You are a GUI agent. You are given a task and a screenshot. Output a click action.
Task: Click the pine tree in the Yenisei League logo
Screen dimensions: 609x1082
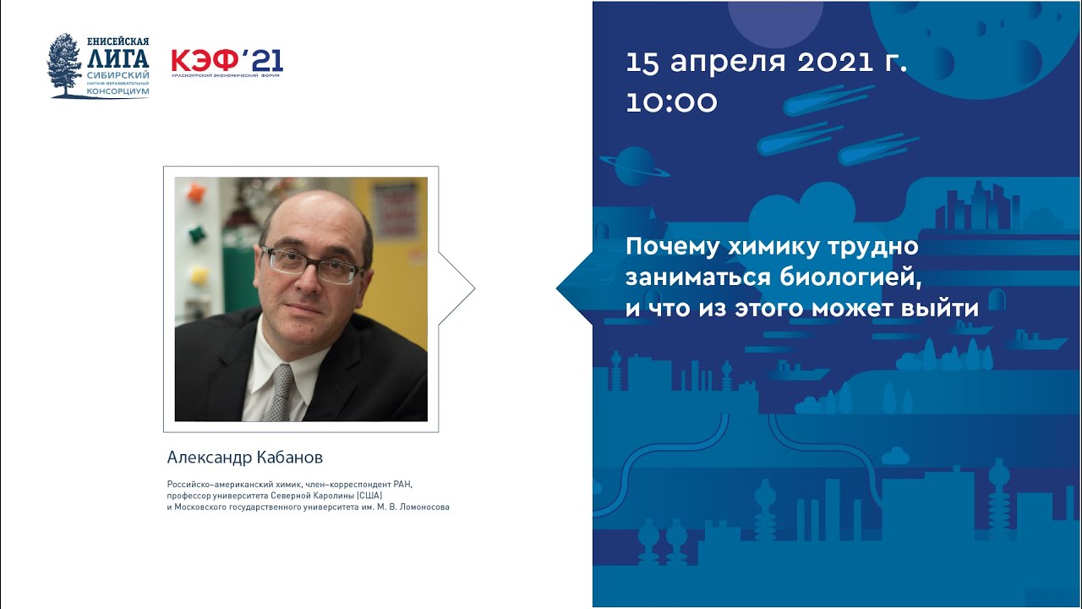coord(64,65)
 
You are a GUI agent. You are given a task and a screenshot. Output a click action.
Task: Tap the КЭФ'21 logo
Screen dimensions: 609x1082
coord(227,61)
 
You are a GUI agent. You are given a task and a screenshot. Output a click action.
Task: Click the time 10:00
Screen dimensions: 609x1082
coord(671,102)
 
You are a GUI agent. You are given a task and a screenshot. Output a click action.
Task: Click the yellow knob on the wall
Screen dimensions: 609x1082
coord(198,275)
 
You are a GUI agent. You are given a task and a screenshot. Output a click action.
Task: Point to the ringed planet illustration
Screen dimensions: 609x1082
coord(636,167)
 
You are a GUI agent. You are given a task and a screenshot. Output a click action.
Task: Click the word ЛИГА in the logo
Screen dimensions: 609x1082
coord(117,58)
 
